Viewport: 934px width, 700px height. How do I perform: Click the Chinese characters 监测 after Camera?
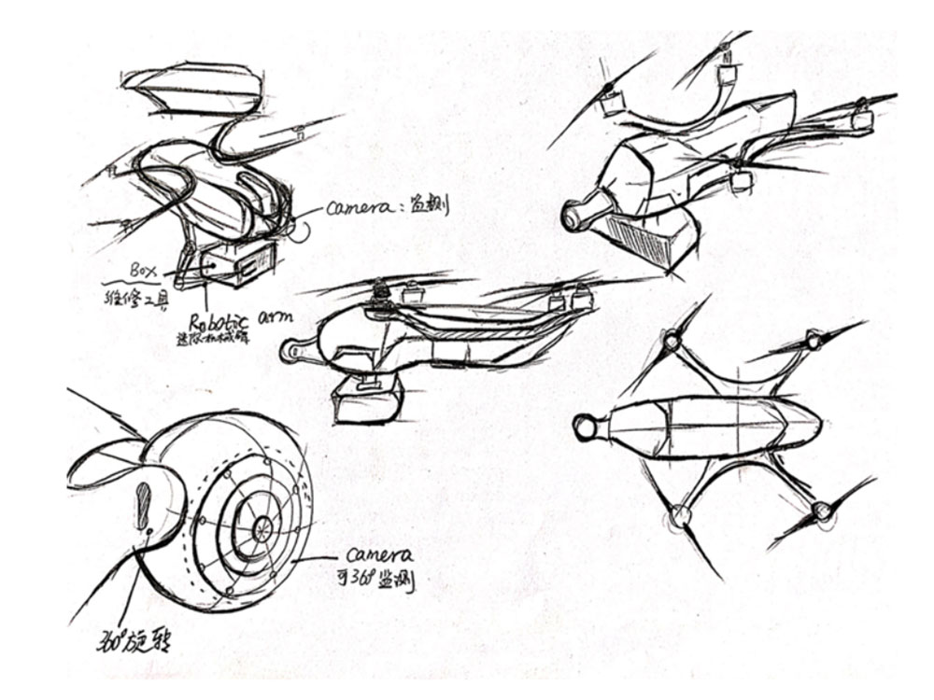click(429, 205)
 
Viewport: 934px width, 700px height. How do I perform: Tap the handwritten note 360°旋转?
click(134, 639)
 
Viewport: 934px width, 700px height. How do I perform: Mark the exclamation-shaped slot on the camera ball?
click(144, 505)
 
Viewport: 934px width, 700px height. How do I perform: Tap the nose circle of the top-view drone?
click(586, 428)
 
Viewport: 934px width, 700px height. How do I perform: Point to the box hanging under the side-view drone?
click(368, 399)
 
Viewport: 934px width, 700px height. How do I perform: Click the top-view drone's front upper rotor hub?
click(672, 343)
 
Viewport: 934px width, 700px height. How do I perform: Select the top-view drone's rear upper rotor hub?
click(814, 340)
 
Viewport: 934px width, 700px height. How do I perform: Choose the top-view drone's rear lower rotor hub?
click(821, 511)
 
